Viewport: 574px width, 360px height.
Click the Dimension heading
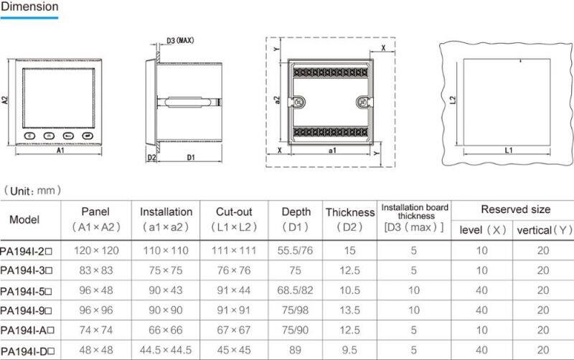(x=29, y=6)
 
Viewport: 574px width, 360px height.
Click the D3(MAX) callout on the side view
(x=180, y=40)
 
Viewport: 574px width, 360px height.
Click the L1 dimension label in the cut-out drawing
(x=508, y=151)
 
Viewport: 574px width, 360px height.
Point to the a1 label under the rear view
(x=332, y=151)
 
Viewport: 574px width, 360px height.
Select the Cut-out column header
(x=234, y=212)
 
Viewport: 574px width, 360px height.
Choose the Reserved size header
(x=515, y=209)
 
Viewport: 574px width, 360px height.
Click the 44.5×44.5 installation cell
(x=166, y=351)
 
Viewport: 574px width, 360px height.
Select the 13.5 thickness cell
(x=349, y=311)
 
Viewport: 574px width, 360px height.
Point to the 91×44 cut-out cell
(x=234, y=290)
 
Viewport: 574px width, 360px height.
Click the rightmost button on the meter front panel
(x=88, y=134)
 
